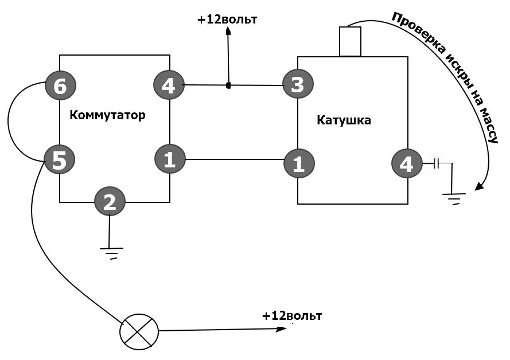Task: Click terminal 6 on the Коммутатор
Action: (x=60, y=85)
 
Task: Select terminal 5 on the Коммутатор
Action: (x=59, y=159)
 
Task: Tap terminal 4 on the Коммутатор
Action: (x=169, y=85)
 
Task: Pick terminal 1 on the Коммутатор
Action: (x=170, y=159)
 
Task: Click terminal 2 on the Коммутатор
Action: (x=110, y=201)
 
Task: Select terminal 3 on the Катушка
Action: (x=298, y=84)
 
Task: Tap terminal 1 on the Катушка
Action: (x=299, y=163)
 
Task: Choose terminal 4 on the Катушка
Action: (x=407, y=163)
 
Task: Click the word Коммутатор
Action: (x=107, y=115)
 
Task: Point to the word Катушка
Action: (x=344, y=120)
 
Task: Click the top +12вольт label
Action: (x=227, y=19)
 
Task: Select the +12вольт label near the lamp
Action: (x=292, y=316)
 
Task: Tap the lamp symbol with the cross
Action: (x=139, y=332)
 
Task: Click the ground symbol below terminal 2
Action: (x=111, y=252)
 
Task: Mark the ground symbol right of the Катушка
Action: (x=454, y=198)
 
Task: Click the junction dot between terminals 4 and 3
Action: (x=228, y=85)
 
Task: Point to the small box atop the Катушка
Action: (x=350, y=41)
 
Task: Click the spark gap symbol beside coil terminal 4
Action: (x=437, y=163)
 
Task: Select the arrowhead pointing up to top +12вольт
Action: (x=228, y=31)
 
